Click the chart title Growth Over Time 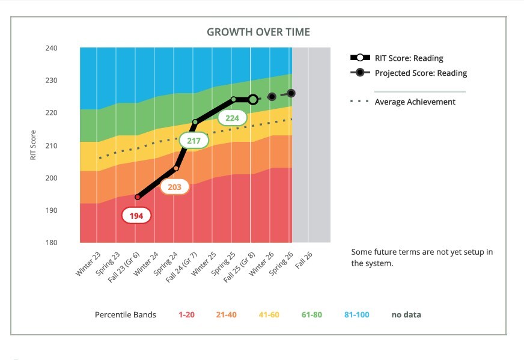tap(258, 32)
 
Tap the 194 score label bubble tap(136, 216)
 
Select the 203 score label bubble tap(174, 187)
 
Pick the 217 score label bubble tap(193, 141)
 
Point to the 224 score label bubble tap(232, 118)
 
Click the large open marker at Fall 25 tap(253, 99)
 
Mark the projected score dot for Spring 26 tap(291, 93)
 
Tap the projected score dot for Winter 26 tap(272, 96)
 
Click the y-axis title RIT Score tap(34, 145)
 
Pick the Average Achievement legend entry tap(415, 102)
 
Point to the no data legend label tap(406, 314)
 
